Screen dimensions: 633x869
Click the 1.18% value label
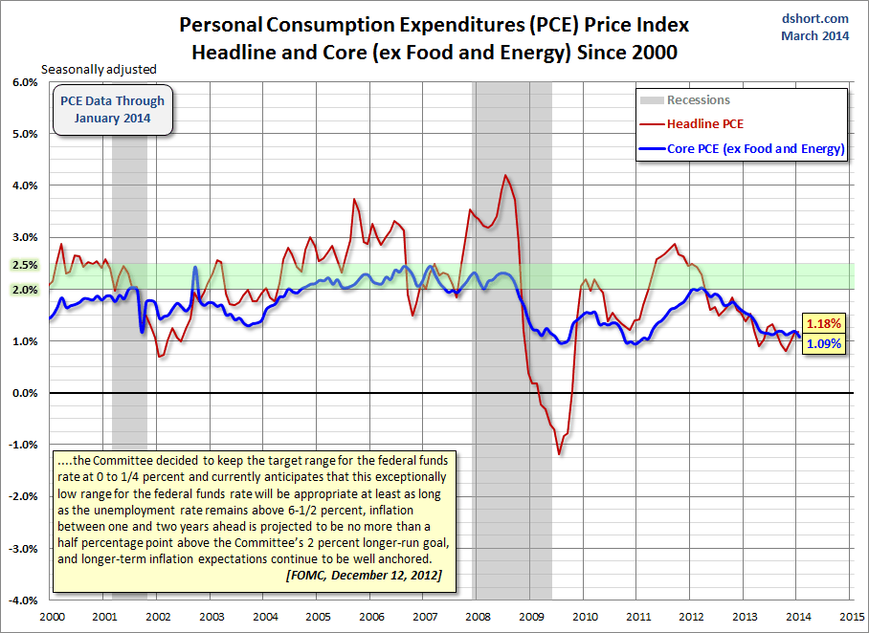(x=822, y=323)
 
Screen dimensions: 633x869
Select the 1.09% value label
(x=822, y=343)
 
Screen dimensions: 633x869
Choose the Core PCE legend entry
(x=754, y=148)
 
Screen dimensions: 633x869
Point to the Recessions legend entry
(x=698, y=99)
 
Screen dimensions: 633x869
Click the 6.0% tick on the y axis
(x=22, y=82)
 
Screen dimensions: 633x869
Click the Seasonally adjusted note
(x=98, y=69)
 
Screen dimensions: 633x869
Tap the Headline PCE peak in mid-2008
(x=506, y=176)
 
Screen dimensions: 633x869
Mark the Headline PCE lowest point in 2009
(x=559, y=454)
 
